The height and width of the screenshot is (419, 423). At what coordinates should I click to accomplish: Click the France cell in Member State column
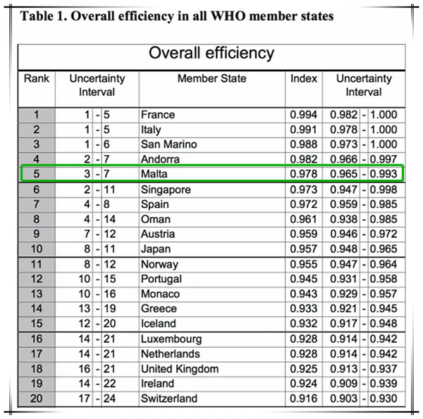pyautogui.click(x=158, y=114)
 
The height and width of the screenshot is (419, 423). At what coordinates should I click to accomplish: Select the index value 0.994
pyautogui.click(x=303, y=114)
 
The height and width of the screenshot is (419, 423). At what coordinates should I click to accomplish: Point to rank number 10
pyautogui.click(x=37, y=248)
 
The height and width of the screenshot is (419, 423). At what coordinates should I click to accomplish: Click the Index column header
pyautogui.click(x=304, y=78)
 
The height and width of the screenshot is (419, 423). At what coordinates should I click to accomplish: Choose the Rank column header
pyautogui.click(x=37, y=78)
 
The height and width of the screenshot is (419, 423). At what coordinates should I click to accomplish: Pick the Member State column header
pyautogui.click(x=212, y=78)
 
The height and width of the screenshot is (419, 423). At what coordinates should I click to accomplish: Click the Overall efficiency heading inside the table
pyautogui.click(x=211, y=54)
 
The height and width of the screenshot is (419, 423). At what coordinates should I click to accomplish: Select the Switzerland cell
pyautogui.click(x=169, y=399)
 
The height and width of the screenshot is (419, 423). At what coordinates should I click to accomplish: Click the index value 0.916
pyautogui.click(x=303, y=399)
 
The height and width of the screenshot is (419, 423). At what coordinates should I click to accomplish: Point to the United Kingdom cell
pyautogui.click(x=179, y=368)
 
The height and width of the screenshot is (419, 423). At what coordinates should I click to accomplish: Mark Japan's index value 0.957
pyautogui.click(x=303, y=248)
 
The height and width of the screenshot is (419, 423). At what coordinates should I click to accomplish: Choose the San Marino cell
pyautogui.click(x=168, y=144)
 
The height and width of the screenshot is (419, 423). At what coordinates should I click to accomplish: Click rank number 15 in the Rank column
pyautogui.click(x=37, y=323)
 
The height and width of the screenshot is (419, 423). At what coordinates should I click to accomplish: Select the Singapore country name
pyautogui.click(x=166, y=190)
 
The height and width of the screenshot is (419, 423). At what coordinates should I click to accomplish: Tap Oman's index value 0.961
pyautogui.click(x=303, y=219)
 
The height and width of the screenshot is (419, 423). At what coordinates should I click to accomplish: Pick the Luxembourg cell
pyautogui.click(x=171, y=339)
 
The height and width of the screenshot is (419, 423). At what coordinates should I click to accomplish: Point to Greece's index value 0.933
pyautogui.click(x=303, y=308)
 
